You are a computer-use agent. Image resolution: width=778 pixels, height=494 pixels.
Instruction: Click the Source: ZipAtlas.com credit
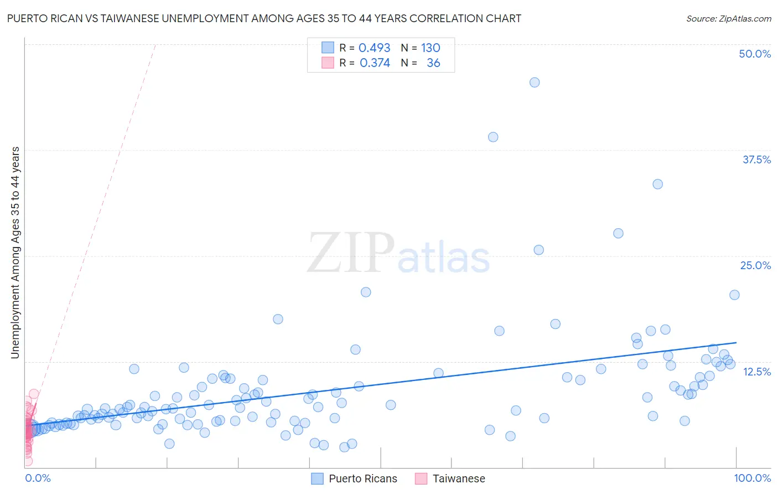point(728,18)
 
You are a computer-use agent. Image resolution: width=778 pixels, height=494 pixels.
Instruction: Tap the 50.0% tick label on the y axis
point(755,54)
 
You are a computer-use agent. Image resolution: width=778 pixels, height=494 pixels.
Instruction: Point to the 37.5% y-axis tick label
point(756,159)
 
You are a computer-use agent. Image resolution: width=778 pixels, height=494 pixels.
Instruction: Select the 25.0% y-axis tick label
point(755,265)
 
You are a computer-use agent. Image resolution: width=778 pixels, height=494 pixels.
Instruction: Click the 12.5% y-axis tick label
point(756,372)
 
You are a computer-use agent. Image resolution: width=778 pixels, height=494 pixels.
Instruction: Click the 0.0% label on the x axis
point(38,478)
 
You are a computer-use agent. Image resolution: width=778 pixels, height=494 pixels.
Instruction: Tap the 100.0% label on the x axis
point(752,478)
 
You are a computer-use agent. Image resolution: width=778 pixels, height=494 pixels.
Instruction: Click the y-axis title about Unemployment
point(15,253)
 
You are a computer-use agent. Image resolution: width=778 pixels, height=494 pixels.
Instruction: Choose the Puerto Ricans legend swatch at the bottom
point(317,478)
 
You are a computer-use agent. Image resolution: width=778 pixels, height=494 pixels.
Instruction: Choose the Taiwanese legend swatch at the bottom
point(421,478)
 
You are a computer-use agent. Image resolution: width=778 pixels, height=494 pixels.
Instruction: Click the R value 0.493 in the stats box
point(374,48)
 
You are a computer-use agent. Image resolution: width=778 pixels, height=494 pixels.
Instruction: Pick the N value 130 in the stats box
point(431,48)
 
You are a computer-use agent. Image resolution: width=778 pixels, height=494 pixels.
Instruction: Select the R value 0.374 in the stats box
point(375,63)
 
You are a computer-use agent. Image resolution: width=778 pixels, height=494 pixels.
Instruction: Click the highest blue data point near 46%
point(535,83)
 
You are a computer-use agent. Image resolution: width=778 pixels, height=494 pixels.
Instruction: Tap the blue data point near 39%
point(493,137)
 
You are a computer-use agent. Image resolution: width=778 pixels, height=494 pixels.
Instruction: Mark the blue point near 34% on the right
point(657,184)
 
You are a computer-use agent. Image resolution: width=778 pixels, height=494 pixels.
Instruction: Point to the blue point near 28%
point(618,233)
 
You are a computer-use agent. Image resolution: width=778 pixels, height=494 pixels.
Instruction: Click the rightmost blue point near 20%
point(734,295)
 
